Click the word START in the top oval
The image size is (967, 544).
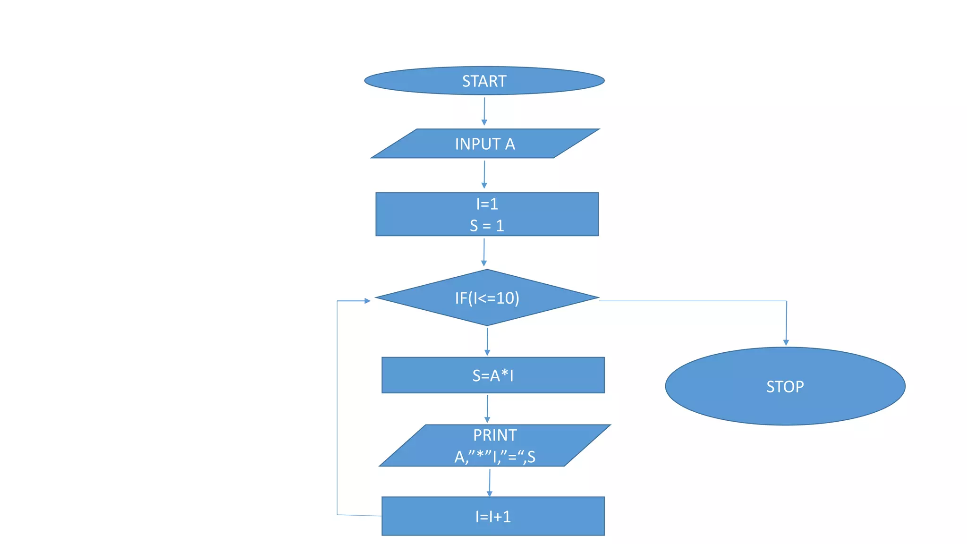[484, 81]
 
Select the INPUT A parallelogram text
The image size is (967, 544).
[484, 144]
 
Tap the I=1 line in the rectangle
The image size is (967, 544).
[487, 204]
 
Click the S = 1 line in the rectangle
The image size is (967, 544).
[487, 226]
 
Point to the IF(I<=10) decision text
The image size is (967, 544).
[487, 298]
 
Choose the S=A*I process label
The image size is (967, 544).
[492, 375]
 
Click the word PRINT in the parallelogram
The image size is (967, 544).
[495, 435]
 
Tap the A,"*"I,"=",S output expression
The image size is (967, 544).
[494, 457]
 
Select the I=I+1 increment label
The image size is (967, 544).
[492, 517]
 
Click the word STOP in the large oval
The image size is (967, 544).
[785, 387]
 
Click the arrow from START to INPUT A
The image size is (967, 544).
[484, 111]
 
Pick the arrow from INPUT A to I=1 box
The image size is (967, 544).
[484, 174]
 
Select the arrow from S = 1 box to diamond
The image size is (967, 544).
[483, 252]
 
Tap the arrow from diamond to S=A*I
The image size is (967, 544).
[487, 341]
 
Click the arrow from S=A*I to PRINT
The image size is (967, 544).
[487, 408]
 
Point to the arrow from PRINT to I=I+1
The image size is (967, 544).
[490, 482]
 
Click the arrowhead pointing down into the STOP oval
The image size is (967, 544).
[786, 342]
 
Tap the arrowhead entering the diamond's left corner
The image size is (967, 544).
[367, 300]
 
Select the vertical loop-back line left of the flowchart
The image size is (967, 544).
[337, 406]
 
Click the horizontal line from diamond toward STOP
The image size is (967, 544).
[689, 301]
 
